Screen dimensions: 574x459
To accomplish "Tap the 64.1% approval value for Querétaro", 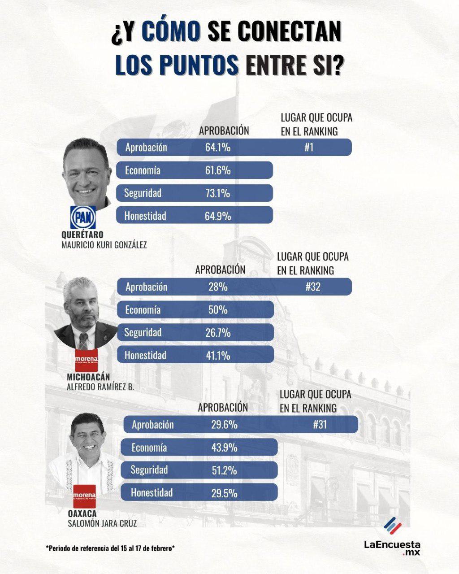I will (218, 148).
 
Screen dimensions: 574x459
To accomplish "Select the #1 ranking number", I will (309, 148).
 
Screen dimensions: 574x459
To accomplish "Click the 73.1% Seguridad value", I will (218, 193).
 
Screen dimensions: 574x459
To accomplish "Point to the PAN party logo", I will (83, 218).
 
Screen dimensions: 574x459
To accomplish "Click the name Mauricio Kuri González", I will (104, 245).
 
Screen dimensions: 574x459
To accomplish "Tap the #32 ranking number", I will (313, 287).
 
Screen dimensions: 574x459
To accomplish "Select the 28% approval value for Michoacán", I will (218, 287).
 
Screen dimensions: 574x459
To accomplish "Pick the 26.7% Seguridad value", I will (218, 333).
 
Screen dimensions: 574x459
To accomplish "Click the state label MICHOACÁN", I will (88, 377).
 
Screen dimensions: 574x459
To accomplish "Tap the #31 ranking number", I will (320, 425).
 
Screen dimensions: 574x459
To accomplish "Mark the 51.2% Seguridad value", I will (224, 470).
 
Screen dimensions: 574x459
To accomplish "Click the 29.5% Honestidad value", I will (224, 493).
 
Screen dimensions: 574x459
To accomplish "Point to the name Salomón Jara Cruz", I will (102, 524).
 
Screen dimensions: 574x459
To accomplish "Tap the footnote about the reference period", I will (110, 548).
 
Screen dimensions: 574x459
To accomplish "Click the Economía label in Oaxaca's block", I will (149, 448).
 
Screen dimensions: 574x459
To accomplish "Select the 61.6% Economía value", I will (218, 170).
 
